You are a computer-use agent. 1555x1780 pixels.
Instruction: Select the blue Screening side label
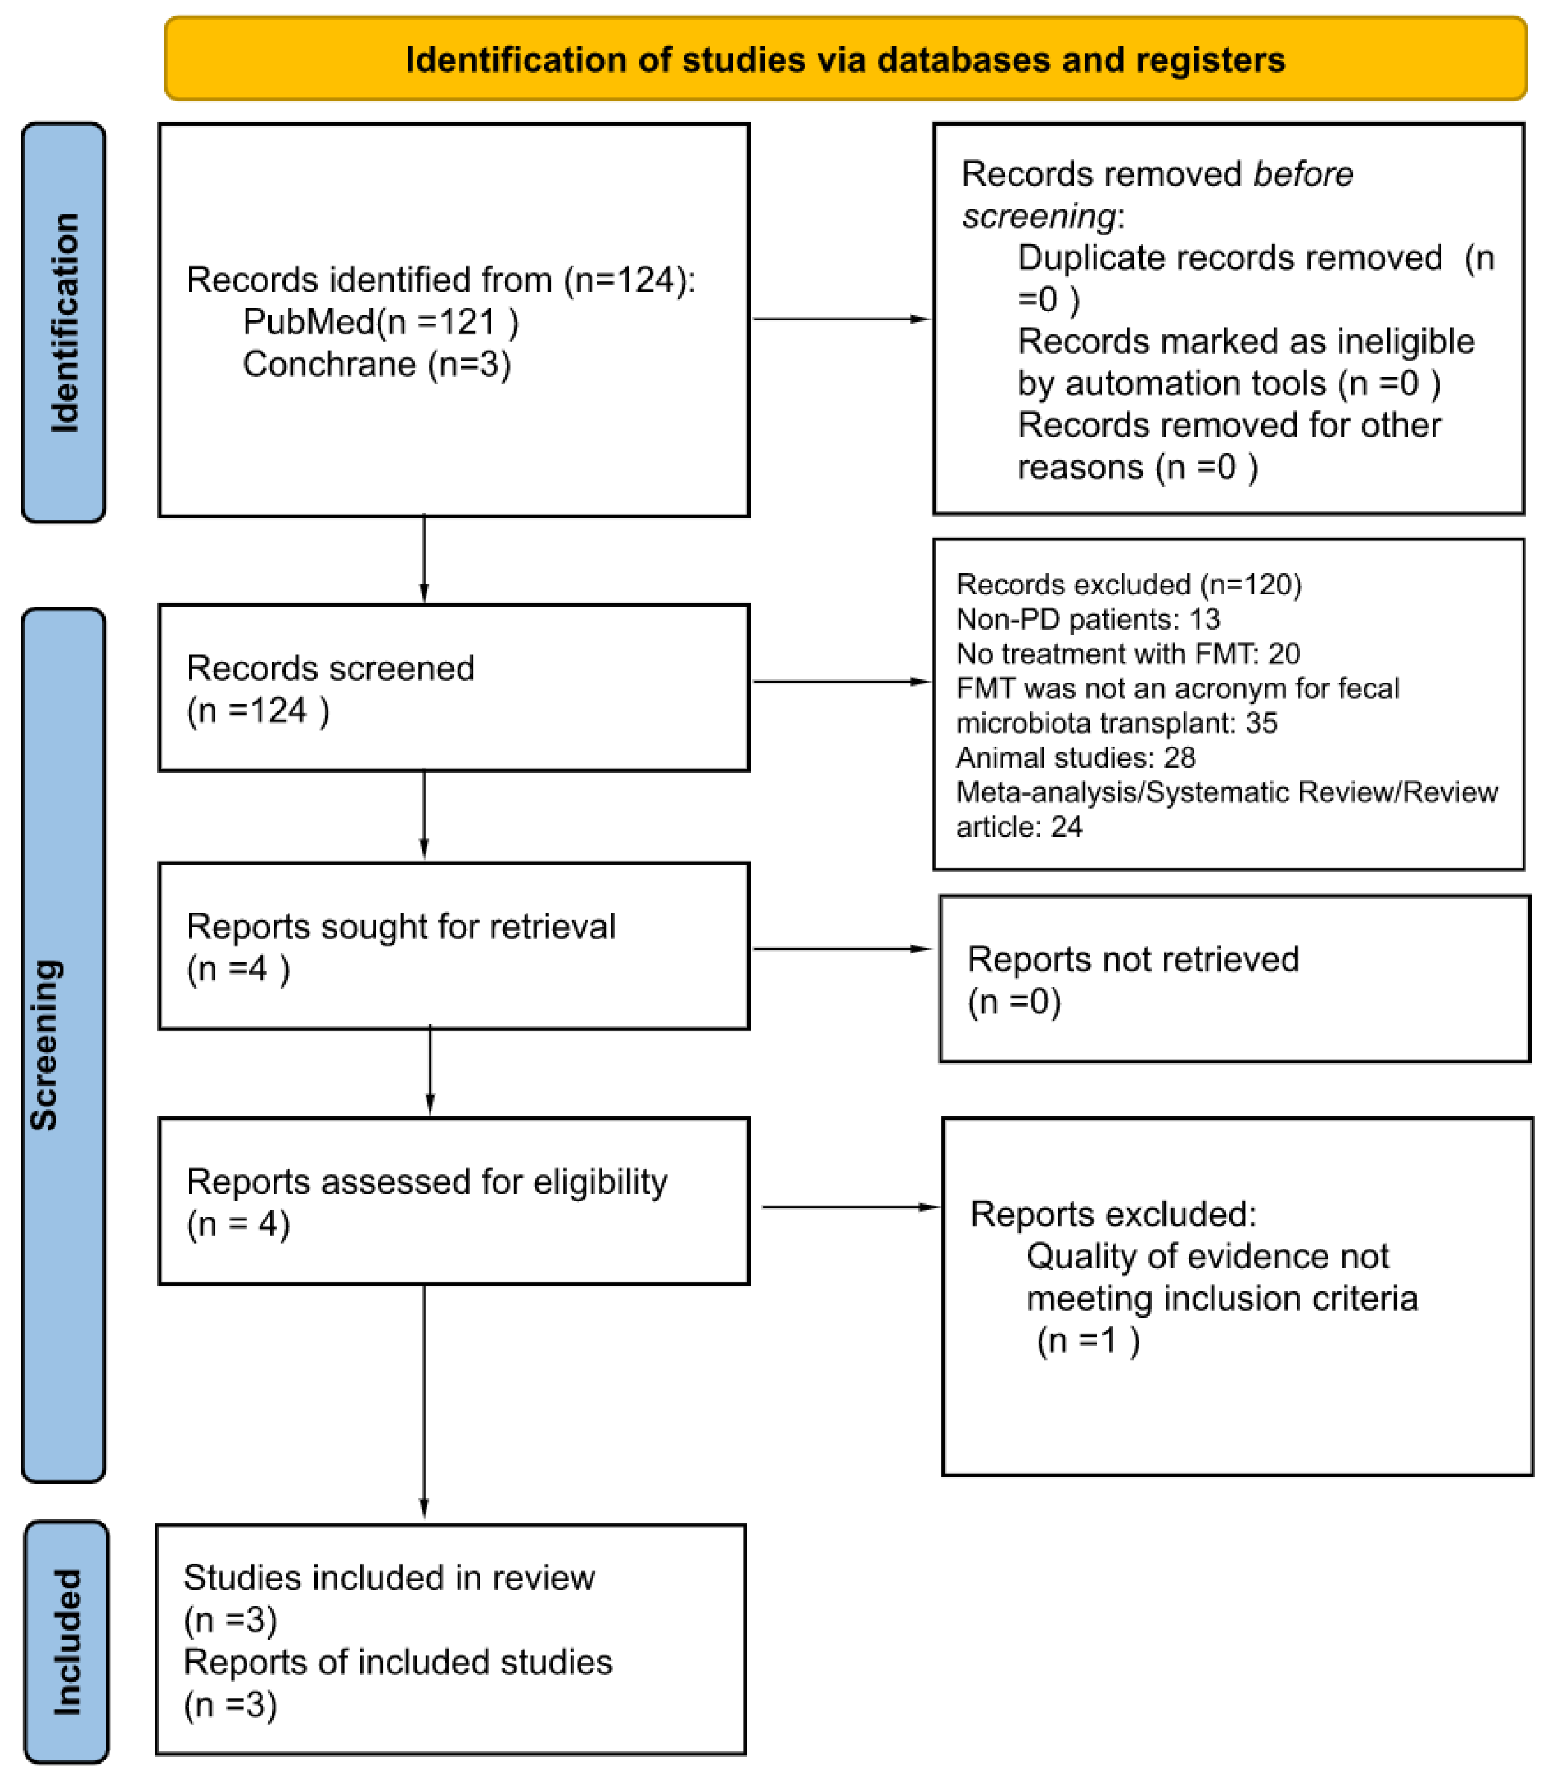click(45, 1045)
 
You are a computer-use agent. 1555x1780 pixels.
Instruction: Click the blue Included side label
click(67, 1642)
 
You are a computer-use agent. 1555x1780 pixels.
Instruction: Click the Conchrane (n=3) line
click(376, 363)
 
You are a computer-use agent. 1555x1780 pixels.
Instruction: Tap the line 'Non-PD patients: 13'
click(1087, 620)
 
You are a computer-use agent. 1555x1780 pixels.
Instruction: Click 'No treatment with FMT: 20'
click(1127, 653)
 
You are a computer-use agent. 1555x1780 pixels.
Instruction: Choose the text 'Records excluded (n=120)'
click(1128, 584)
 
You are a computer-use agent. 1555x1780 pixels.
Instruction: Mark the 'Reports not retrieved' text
click(1132, 960)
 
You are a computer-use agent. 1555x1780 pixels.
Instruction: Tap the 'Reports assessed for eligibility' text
click(426, 1182)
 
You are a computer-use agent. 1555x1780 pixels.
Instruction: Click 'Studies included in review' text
click(389, 1578)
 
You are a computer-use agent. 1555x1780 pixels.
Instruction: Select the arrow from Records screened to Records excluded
click(840, 682)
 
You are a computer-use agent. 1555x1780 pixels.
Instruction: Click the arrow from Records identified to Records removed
click(840, 319)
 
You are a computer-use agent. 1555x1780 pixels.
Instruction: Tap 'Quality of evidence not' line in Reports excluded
click(1207, 1256)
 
